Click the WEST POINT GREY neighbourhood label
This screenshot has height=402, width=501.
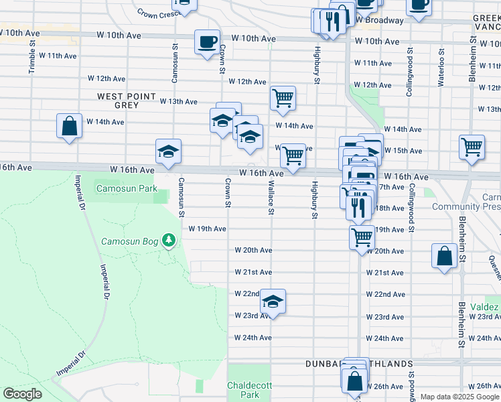pos(127,101)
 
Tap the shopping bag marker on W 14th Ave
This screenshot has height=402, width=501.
pos(69,125)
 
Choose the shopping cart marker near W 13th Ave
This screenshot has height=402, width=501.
pos(283,98)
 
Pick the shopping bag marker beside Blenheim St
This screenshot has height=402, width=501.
pos(445,256)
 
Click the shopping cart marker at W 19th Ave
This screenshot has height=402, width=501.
pos(362,237)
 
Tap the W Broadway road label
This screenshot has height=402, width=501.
pos(380,20)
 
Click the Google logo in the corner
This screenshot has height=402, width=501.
pos(22,394)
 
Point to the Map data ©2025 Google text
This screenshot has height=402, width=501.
pos(459,397)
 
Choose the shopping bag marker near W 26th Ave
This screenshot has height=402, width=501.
pos(354,381)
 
